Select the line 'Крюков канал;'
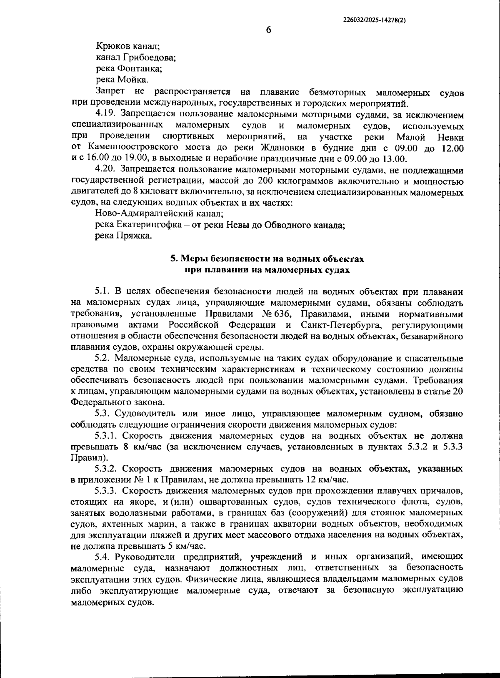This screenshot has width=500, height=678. tap(128, 45)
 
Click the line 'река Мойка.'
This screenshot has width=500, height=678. tap(122, 79)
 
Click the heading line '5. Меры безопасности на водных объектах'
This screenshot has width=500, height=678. tap(267, 259)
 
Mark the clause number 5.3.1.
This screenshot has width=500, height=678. tap(106, 436)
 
